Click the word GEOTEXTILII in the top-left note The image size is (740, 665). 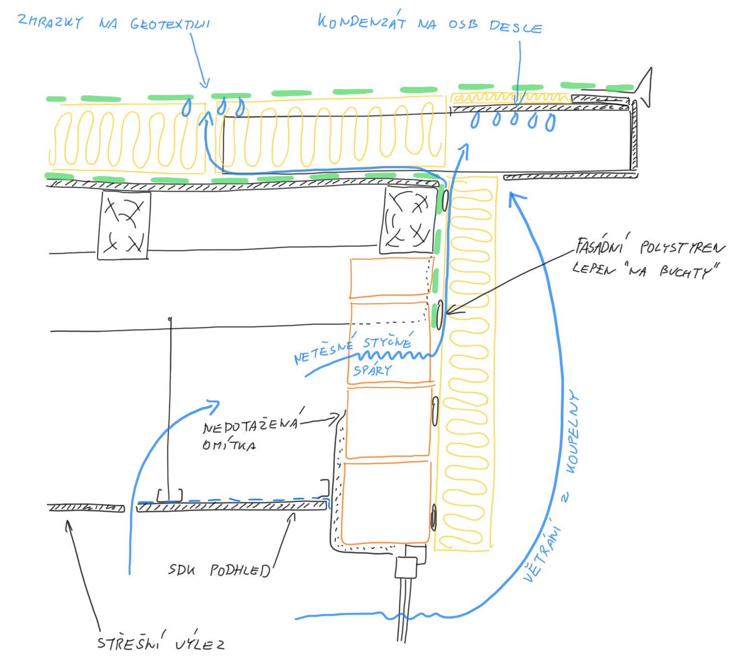(170, 24)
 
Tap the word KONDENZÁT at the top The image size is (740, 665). (361, 22)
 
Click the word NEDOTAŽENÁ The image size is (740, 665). (251, 425)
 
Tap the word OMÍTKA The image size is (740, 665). (229, 445)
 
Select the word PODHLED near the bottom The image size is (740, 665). (239, 571)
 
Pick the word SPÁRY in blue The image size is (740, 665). (372, 370)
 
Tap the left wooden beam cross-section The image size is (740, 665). (124, 225)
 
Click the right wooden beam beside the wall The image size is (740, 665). (407, 220)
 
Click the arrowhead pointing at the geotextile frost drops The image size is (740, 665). (205, 84)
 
